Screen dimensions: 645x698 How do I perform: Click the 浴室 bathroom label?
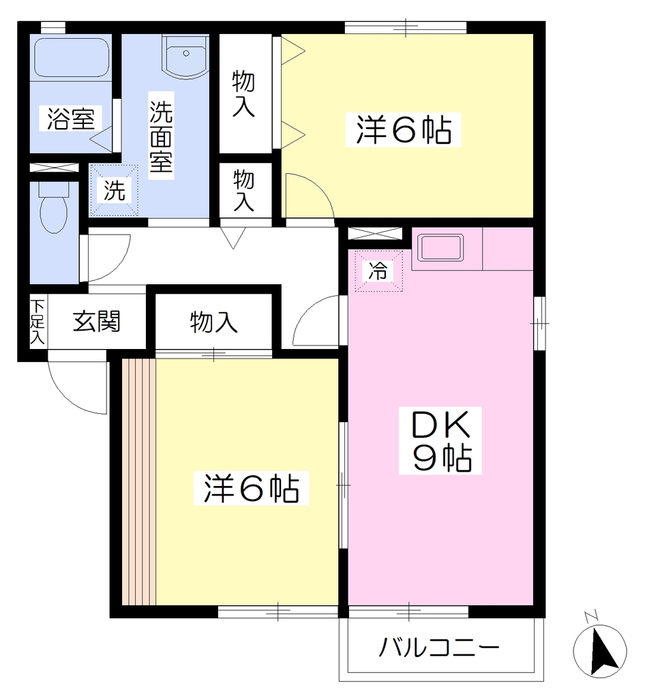pos(71,119)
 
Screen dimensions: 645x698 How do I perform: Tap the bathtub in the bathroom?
pos(72,57)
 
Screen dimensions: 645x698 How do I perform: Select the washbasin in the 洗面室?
pos(185,57)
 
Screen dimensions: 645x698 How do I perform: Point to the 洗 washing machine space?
pos(114,191)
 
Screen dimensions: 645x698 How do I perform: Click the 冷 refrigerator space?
pos(378,271)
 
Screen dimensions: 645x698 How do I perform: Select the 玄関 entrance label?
pos(97,321)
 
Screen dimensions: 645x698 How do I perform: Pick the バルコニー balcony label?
pos(439,648)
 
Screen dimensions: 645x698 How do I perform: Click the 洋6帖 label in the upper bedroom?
pos(403,130)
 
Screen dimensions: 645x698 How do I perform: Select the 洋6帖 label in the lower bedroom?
pos(251,488)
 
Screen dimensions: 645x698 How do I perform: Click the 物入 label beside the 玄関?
pos(213,322)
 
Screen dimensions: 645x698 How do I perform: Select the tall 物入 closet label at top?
pos(243,94)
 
